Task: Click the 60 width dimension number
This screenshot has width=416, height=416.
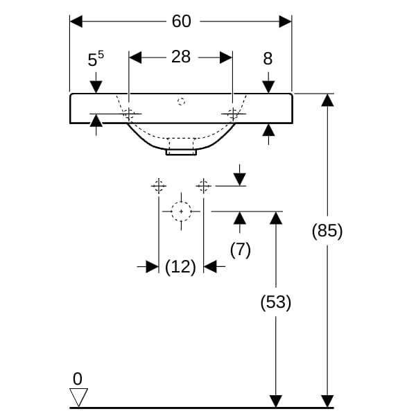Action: pos(181,21)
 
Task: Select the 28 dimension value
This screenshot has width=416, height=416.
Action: pos(181,57)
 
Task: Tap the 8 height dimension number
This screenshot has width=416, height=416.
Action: pos(268,60)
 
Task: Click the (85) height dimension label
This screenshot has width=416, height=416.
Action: pos(327,231)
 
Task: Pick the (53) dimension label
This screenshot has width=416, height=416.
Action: pos(275,302)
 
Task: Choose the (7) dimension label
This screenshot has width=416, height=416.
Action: pos(240,250)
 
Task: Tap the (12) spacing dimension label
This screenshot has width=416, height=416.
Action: pos(181,266)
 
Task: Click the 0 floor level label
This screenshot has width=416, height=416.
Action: pos(77,379)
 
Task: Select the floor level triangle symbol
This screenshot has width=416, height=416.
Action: pos(79,397)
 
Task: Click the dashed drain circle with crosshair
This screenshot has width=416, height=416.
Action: pos(181,210)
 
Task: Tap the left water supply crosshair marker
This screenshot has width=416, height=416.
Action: pos(159,185)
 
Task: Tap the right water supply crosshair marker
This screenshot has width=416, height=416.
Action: pos(203,185)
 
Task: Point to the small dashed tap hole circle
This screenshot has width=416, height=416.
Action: pos(182,102)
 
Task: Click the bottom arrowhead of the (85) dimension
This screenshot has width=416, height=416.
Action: pos(327,401)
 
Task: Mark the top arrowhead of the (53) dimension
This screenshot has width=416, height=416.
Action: pos(276,218)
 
